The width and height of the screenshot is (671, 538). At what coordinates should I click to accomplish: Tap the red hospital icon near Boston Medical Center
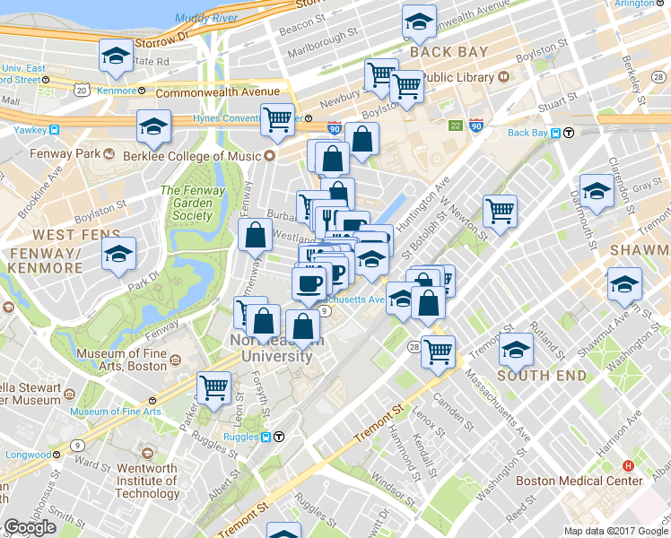pos(628,466)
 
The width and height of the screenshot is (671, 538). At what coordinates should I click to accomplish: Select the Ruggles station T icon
pos(279,438)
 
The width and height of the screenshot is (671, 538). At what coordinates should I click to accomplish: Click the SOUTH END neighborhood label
pos(542,376)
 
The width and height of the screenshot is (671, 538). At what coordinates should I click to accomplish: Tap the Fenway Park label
pos(75,153)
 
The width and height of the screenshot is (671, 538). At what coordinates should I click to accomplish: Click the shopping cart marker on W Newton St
pos(500,211)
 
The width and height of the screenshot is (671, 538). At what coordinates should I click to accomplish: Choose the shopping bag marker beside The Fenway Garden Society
pos(255,235)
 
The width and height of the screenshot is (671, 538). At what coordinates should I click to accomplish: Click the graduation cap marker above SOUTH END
pos(517,349)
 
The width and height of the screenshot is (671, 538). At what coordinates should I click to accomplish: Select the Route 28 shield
pos(414,347)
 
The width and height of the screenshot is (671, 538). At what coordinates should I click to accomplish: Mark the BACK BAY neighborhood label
pos(449,52)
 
